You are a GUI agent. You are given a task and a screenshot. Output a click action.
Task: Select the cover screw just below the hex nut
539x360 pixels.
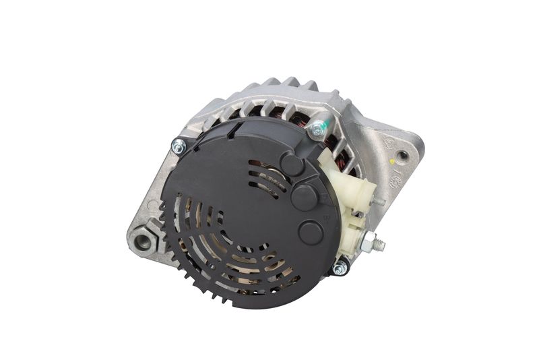click(340, 268)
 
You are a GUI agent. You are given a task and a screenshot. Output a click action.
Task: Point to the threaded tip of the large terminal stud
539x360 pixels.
click(383, 245)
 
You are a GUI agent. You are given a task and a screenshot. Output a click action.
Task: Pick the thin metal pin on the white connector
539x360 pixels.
click(381, 201)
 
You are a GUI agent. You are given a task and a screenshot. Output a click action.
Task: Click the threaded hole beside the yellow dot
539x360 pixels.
click(402, 156)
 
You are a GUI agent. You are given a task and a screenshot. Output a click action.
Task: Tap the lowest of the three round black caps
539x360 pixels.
click(311, 232)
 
